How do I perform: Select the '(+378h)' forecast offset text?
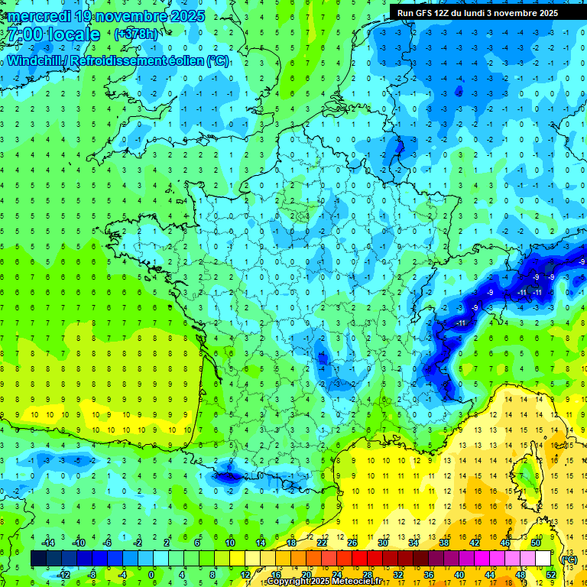136,34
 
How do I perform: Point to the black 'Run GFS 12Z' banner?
477,13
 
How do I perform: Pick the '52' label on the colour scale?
551,575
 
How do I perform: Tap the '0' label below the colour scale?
151,575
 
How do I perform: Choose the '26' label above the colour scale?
352,543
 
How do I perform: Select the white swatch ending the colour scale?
543,559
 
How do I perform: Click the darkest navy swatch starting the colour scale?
38,559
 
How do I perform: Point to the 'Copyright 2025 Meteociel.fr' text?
335,582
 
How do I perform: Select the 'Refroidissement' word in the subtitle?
134,60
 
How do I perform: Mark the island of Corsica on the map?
527,478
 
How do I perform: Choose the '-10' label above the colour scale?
77,543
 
